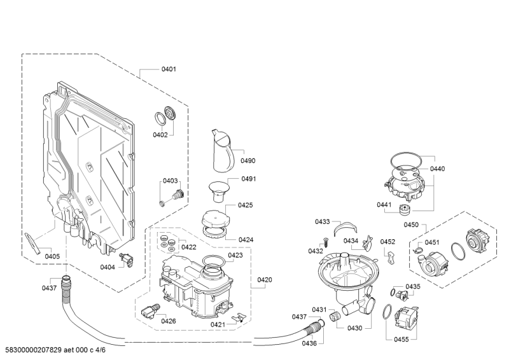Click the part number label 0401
[169, 69]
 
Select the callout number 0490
[248, 160]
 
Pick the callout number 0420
[265, 279]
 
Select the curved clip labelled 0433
[345, 227]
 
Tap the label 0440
[437, 169]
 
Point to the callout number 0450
[411, 225]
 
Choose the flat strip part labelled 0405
[33, 244]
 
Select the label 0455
[401, 339]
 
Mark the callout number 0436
[309, 343]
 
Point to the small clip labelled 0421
[239, 317]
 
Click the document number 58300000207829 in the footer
[34, 350]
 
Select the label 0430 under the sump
[354, 328]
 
